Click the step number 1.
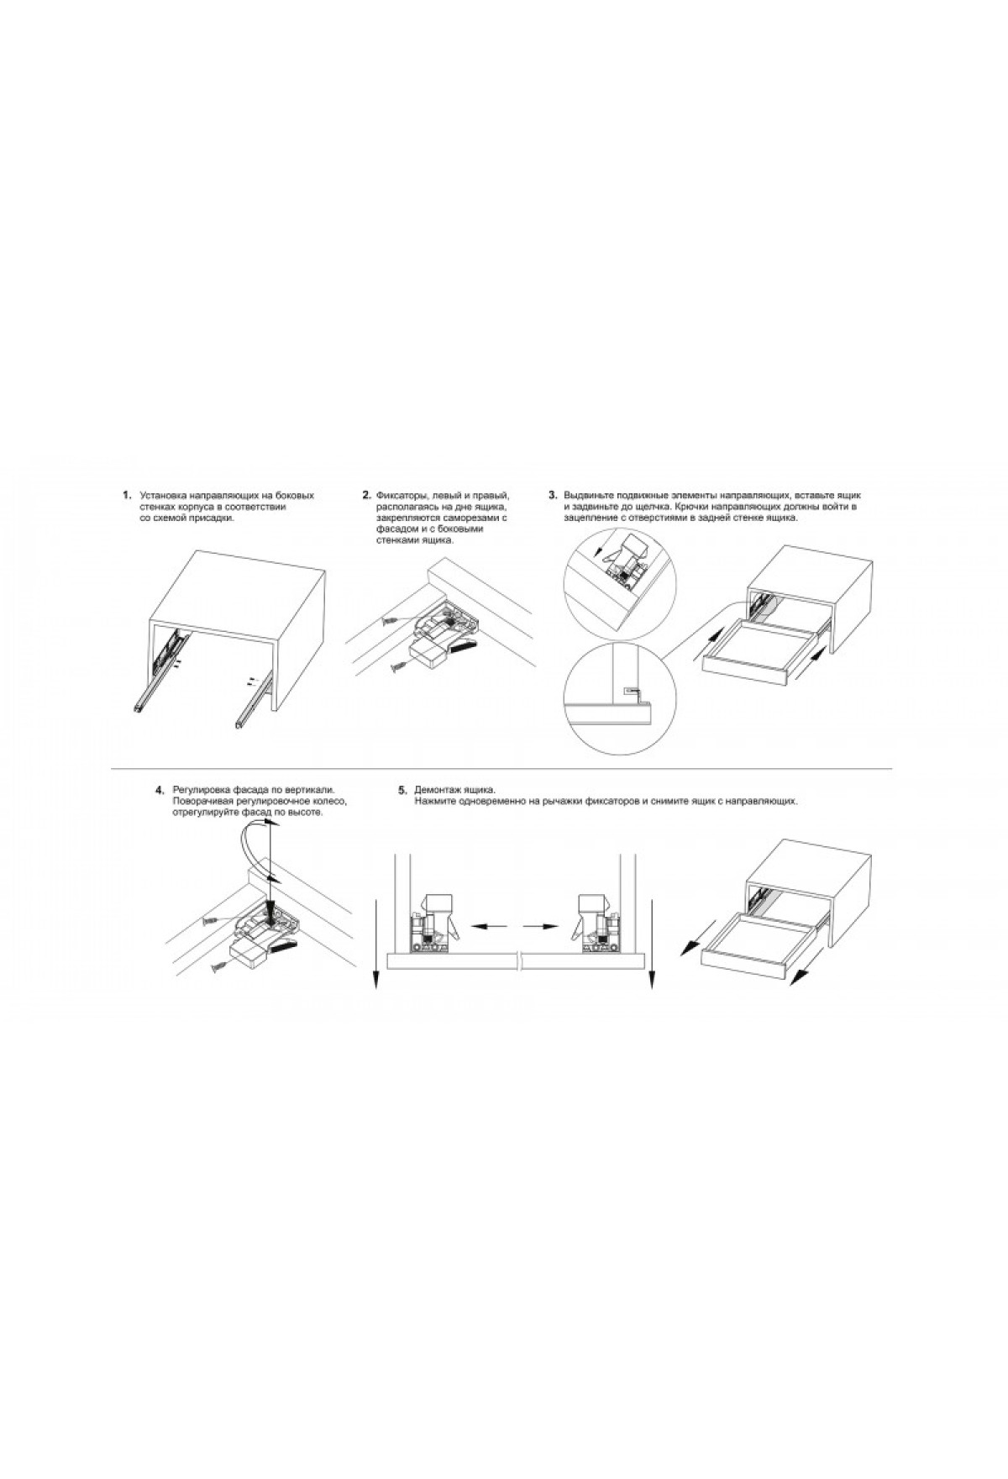(127, 495)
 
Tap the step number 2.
(366, 495)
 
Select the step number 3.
(553, 495)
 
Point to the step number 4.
(160, 791)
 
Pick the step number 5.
(402, 791)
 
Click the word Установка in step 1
(165, 496)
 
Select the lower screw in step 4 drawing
(221, 965)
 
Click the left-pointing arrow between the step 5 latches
(491, 926)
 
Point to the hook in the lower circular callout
(633, 691)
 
